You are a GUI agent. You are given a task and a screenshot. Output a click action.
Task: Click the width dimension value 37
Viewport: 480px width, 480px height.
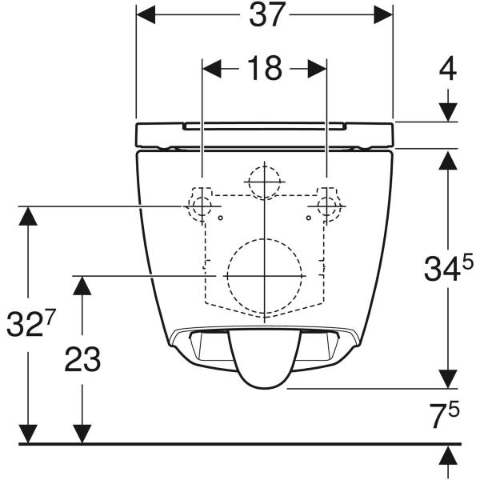click(x=264, y=15)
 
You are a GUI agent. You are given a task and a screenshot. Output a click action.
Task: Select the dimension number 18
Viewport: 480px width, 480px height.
click(x=264, y=69)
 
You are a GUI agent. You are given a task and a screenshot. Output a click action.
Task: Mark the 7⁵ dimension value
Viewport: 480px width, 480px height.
click(x=442, y=417)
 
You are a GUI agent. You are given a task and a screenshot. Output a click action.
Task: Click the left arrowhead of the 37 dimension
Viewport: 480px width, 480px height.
click(x=145, y=14)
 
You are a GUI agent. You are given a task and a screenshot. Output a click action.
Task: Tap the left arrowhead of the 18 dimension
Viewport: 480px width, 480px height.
click(x=210, y=69)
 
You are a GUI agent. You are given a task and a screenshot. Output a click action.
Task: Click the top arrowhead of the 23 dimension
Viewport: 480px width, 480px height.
click(x=82, y=283)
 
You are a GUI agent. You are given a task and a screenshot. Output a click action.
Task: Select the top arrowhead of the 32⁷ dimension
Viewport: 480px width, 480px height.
click(x=30, y=215)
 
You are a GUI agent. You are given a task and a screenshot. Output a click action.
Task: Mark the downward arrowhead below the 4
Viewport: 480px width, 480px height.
click(x=448, y=112)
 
